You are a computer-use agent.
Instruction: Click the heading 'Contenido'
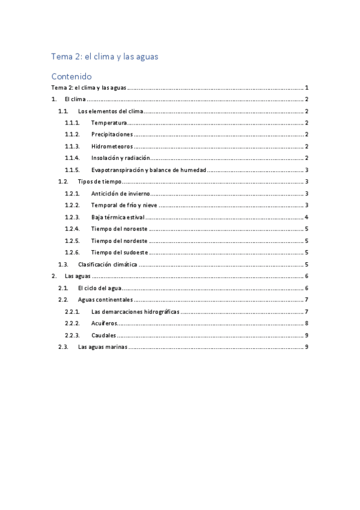[71, 76]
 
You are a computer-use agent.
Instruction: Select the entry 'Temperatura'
[109, 123]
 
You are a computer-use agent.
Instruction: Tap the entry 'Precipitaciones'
[112, 134]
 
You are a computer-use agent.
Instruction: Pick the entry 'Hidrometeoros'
[111, 146]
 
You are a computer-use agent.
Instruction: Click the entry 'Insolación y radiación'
[120, 158]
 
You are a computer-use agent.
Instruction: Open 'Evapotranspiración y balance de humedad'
[148, 170]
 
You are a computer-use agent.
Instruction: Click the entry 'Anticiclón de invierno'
[120, 193]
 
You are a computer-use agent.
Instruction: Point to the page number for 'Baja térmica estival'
[307, 217]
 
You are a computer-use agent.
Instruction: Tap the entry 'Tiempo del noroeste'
[119, 229]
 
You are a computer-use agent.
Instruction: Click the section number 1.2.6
[72, 252]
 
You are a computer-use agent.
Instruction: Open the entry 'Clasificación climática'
[108, 264]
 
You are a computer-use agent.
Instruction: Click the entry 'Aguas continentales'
[105, 300]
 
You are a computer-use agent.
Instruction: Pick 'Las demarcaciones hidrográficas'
[135, 311]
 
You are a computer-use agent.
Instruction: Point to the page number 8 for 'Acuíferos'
[307, 323]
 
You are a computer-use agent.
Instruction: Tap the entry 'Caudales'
[104, 335]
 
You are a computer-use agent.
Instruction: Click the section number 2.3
[63, 346]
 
